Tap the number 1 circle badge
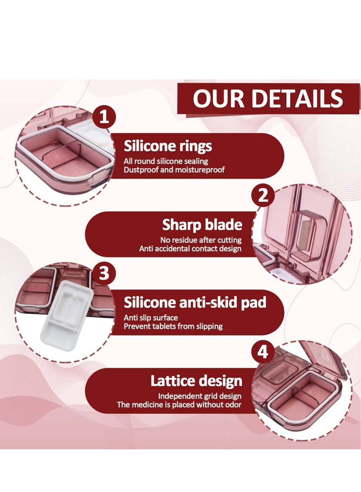click(x=104, y=118)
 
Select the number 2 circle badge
click(x=263, y=196)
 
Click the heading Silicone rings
click(x=168, y=146)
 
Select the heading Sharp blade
click(x=202, y=225)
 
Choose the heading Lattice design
click(x=196, y=381)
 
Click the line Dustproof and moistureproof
click(x=174, y=170)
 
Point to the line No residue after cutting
click(x=201, y=240)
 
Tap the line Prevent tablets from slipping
click(x=173, y=326)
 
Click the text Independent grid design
click(x=200, y=396)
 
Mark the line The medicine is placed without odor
click(x=180, y=405)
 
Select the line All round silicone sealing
click(x=166, y=161)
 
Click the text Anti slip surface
click(x=151, y=317)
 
